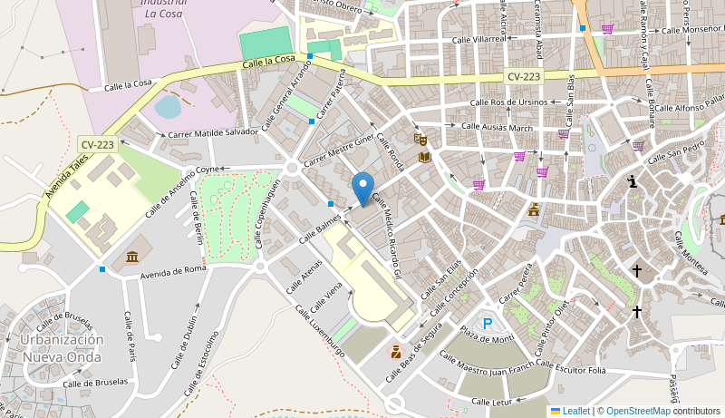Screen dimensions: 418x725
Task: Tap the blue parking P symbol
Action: pos(488,323)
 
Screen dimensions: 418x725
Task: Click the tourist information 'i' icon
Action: pos(633,182)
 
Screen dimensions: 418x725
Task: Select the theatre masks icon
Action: pos(420,139)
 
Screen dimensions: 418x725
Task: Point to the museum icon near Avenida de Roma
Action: pos(132,257)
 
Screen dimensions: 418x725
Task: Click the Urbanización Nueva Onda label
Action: pos(63,348)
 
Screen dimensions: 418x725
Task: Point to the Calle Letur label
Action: pos(492,401)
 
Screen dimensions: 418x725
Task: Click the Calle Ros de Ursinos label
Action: pos(507,102)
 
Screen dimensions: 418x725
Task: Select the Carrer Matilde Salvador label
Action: pos(213,132)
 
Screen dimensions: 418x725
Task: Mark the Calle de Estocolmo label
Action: pos(200,364)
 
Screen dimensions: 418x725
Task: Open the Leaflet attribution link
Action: pos(575,411)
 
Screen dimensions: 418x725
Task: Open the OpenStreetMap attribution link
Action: pos(638,411)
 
